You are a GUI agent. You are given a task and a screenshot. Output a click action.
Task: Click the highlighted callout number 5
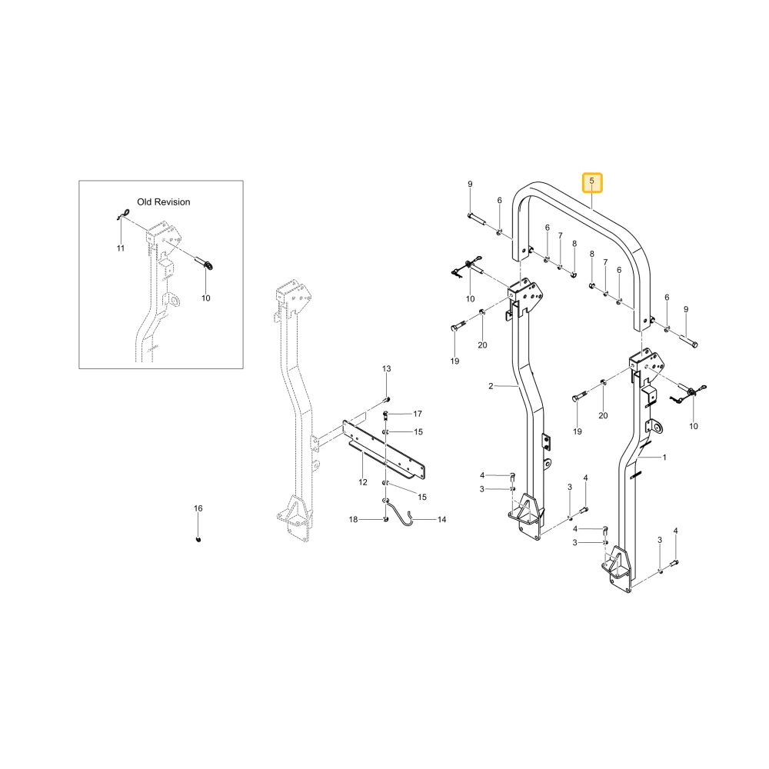click(591, 181)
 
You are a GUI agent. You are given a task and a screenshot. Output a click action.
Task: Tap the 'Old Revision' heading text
click(163, 202)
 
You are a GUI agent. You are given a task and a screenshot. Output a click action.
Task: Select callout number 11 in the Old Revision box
click(121, 248)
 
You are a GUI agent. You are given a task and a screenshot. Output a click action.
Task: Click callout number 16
click(198, 508)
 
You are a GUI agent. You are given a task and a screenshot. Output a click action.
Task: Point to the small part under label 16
click(198, 540)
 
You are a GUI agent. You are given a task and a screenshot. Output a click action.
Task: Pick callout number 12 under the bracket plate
click(363, 482)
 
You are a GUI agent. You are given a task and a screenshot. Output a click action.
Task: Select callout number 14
click(442, 519)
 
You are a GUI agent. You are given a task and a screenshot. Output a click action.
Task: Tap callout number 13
click(387, 369)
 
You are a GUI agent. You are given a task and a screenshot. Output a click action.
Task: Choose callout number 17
click(418, 414)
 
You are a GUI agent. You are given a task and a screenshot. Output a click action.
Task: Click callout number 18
click(353, 519)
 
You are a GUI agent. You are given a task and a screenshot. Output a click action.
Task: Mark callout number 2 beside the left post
click(491, 386)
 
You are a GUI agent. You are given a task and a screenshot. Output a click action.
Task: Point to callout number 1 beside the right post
click(664, 458)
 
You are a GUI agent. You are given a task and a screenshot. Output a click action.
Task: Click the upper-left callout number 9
click(470, 185)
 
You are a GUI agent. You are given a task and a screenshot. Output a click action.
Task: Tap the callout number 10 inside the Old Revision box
click(206, 298)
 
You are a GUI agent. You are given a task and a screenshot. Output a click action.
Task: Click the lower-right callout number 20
click(603, 416)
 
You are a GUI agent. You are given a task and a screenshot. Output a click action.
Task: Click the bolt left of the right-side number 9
click(687, 340)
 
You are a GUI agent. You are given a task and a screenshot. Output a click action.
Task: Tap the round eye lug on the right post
click(656, 427)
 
